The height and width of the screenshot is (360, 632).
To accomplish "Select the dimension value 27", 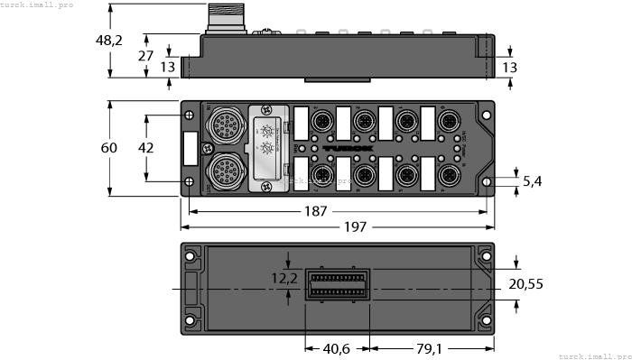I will coord(144,55).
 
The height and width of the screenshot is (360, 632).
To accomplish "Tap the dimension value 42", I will coord(144,147).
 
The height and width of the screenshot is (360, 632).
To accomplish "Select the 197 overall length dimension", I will coord(356,226).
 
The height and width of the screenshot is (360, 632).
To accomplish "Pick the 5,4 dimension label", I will coord(533,182).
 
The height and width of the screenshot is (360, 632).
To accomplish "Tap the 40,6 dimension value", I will coord(338,346).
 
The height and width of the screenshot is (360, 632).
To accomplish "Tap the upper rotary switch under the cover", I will coord(268,130).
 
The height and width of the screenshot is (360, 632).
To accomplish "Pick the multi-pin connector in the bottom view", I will coord(339,286).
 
